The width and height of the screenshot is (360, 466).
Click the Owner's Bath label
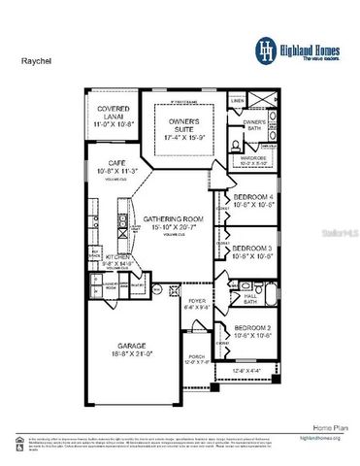[255, 124]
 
